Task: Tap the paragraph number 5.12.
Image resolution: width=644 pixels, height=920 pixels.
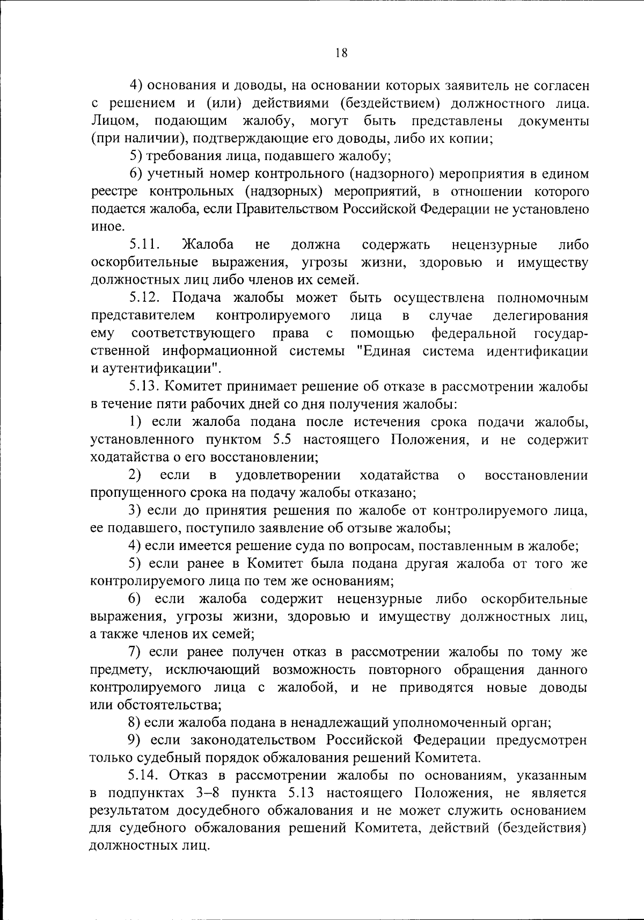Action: click(x=145, y=298)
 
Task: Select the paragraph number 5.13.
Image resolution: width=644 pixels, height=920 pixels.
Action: click(x=145, y=386)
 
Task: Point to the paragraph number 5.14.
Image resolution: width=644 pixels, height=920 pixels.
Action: click(x=145, y=775)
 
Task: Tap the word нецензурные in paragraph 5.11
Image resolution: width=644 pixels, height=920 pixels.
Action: click(x=494, y=245)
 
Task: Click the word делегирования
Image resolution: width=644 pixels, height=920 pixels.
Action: click(x=540, y=315)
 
